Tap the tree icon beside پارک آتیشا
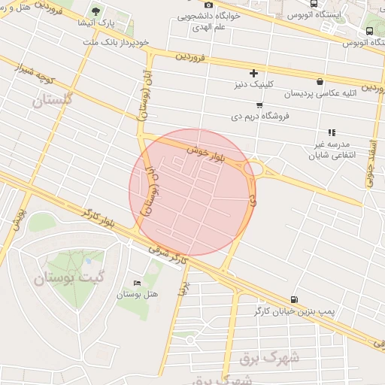tap(95, 11)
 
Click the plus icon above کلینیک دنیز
tap(253, 73)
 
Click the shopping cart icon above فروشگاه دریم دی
tap(259, 105)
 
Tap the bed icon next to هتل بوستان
tap(136, 283)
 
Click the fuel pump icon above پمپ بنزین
tap(293, 299)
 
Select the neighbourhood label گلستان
tap(53, 99)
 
